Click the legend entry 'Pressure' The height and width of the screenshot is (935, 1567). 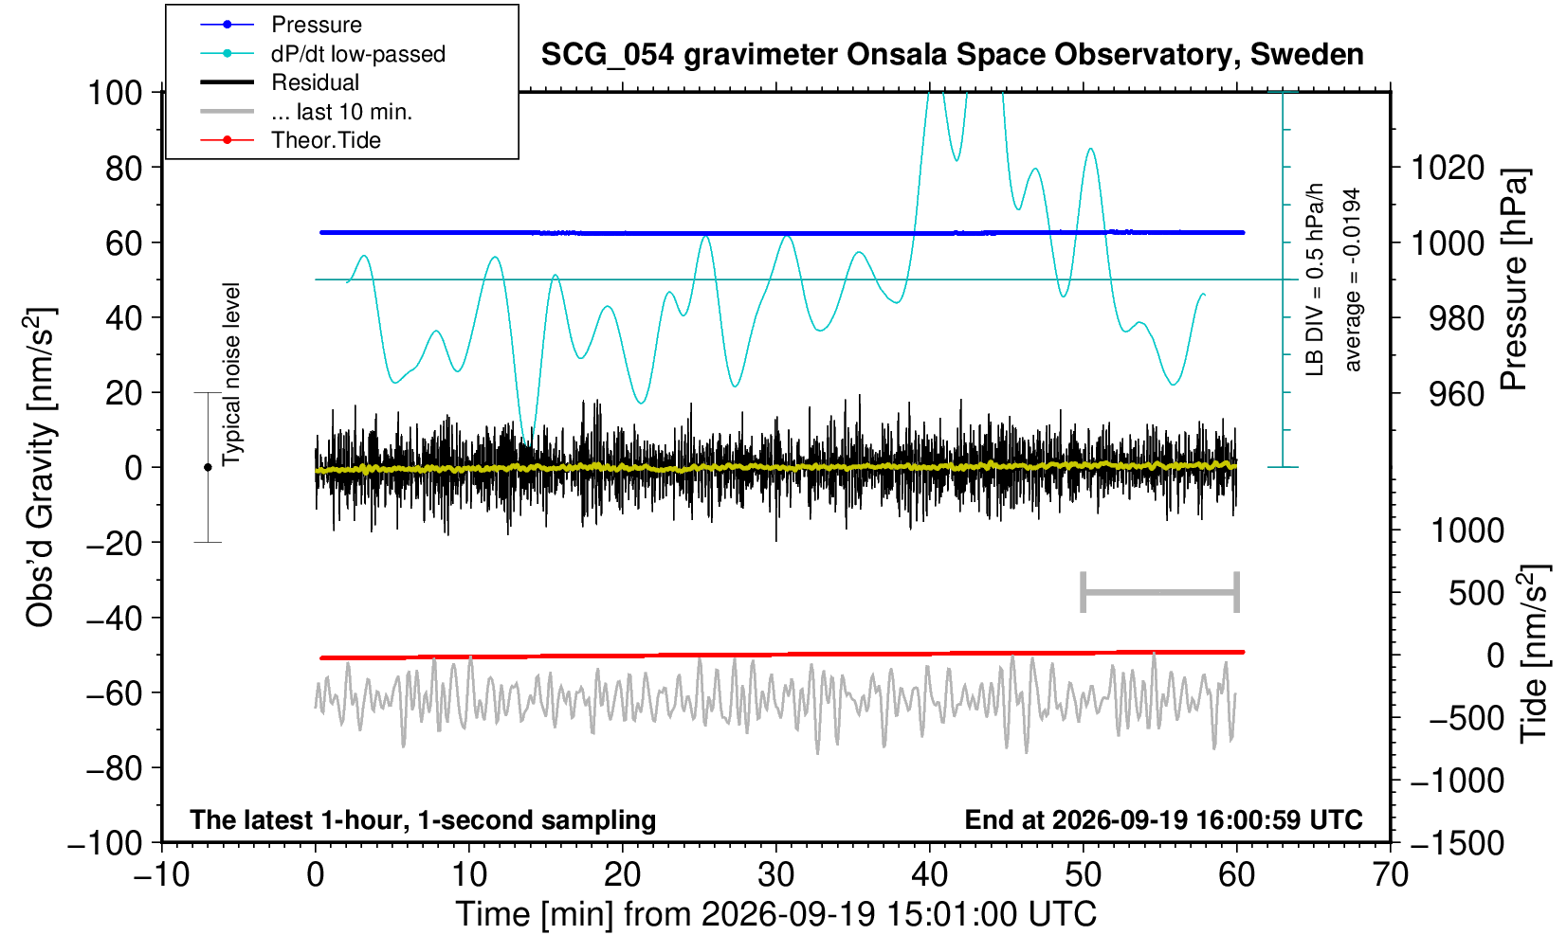[317, 25]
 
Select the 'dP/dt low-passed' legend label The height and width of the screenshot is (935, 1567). [358, 54]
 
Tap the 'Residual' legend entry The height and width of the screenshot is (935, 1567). [315, 82]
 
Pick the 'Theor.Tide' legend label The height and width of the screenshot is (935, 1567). [326, 140]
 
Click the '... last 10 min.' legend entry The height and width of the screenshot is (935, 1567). [341, 111]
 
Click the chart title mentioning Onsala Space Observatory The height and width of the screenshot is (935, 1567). [952, 54]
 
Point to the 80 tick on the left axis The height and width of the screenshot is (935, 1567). [123, 168]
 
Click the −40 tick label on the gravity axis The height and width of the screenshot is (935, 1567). [114, 618]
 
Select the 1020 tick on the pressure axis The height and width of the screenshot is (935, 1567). [1447, 168]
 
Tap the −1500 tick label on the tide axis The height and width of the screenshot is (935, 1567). [1456, 843]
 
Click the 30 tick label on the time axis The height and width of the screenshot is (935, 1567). [775, 875]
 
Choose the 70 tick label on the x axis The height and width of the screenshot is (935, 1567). [1390, 875]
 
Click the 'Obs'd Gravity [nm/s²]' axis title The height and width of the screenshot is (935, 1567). [40, 467]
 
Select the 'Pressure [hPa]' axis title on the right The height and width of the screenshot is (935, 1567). [1515, 279]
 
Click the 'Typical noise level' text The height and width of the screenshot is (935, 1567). [231, 374]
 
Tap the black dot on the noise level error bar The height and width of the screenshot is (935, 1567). [208, 467]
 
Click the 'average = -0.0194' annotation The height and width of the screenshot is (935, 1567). [1352, 279]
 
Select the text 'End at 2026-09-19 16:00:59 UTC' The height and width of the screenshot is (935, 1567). [1163, 819]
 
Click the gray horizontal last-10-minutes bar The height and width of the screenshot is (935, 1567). [1160, 592]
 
